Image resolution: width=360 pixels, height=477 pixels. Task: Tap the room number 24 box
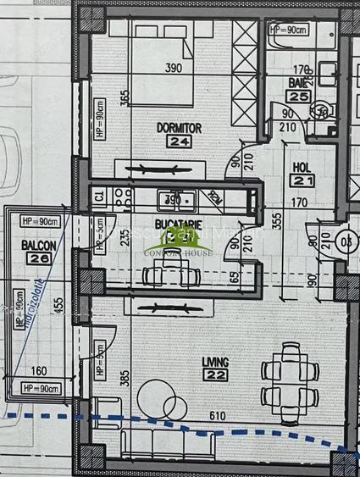pyautogui.click(x=178, y=141)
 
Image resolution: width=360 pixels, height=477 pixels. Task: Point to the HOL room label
pyautogui.click(x=301, y=168)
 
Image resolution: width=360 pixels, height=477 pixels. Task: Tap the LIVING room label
pyautogui.click(x=215, y=362)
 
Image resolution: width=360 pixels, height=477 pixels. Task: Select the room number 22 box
pyautogui.click(x=215, y=375)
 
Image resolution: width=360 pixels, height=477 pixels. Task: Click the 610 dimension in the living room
pyautogui.click(x=218, y=415)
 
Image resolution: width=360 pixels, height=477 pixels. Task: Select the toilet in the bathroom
pyautogui.click(x=320, y=111)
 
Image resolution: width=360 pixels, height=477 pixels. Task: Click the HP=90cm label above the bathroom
pyautogui.click(x=287, y=30)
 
